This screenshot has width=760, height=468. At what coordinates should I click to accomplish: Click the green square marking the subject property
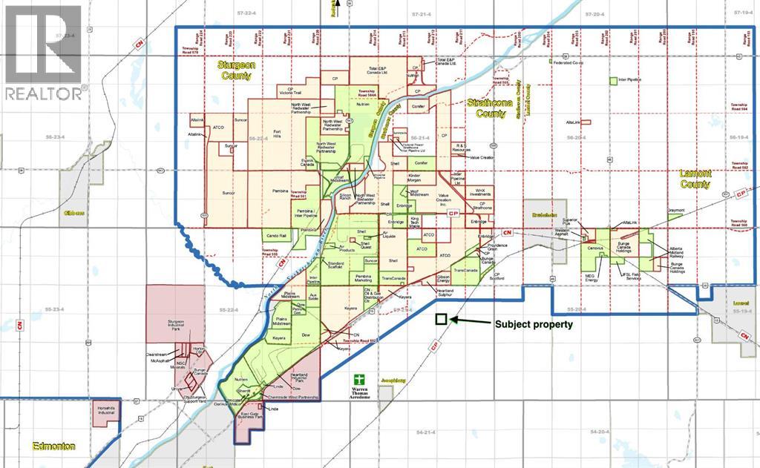pos(440,320)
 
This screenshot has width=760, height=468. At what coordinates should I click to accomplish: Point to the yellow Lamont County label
pos(695,178)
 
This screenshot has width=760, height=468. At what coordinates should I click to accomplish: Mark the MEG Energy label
pos(591,278)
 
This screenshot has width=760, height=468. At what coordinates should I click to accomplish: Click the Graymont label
pos(675,210)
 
